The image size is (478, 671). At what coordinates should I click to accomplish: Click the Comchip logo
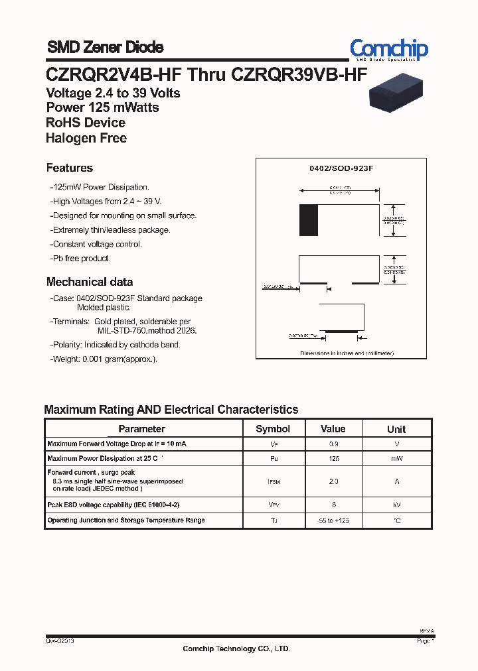[x=389, y=50]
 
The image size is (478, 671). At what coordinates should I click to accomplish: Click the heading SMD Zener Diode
[x=105, y=48]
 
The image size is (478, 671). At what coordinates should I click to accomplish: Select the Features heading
[x=70, y=168]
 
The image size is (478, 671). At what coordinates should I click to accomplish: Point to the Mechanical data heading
[x=90, y=282]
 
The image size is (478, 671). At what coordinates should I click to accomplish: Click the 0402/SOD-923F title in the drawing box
[x=342, y=169]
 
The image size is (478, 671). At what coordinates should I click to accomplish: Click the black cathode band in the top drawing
[x=308, y=220]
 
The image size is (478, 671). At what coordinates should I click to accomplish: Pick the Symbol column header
[x=273, y=429]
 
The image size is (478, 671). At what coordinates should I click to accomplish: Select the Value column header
[x=333, y=429]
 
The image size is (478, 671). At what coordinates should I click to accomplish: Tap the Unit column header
[x=396, y=429]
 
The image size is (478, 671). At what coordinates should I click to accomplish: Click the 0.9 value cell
[x=333, y=444]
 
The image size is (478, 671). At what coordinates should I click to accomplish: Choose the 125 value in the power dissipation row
[x=333, y=459]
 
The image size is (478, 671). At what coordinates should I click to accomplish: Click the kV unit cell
[x=396, y=505]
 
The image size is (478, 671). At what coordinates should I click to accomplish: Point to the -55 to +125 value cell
[x=333, y=521]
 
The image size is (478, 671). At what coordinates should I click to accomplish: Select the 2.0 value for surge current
[x=333, y=482]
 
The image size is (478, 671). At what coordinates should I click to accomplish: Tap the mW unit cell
[x=396, y=459]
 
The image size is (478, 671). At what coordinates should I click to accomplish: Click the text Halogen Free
[x=86, y=139]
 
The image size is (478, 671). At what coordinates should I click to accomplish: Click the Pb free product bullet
[x=81, y=259]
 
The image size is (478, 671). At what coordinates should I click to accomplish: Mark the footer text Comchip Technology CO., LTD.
[x=236, y=649]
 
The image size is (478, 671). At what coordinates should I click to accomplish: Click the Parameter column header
[x=141, y=429]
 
